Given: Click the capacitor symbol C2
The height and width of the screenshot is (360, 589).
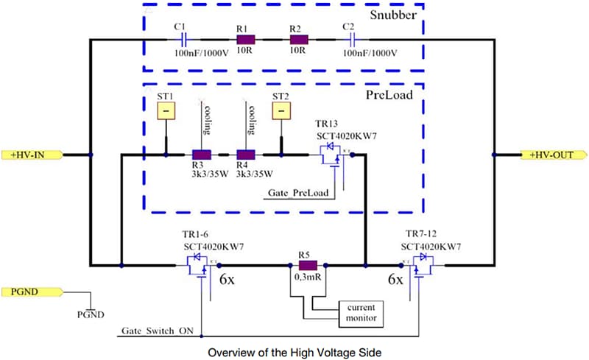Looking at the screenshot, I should tap(353, 40).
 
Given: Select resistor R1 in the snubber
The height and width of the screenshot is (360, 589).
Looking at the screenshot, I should tap(245, 40).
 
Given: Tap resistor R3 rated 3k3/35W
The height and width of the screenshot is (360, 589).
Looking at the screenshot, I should tap(201, 155).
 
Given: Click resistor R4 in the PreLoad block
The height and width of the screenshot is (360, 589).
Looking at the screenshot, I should tap(246, 155).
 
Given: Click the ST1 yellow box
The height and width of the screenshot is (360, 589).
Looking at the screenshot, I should tap(166, 110).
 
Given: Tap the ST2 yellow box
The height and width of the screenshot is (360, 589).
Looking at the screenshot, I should tap(281, 110).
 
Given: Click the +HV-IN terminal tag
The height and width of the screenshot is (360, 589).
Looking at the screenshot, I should tap(33, 155).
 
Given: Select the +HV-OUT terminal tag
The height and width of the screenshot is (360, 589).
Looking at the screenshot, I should tap(555, 155).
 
